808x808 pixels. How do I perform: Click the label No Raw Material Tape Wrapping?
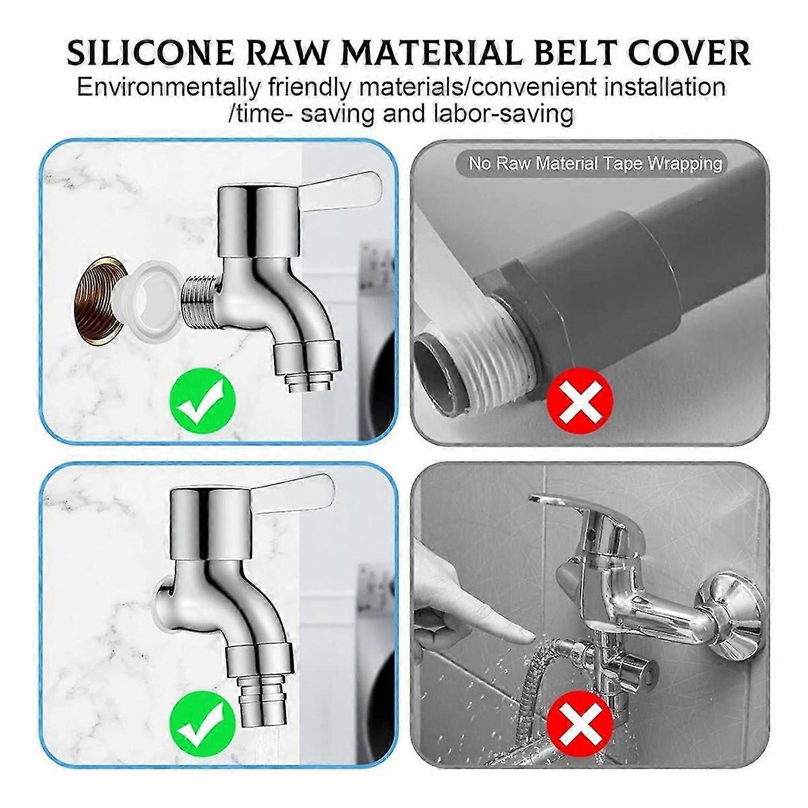tap(595, 163)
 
